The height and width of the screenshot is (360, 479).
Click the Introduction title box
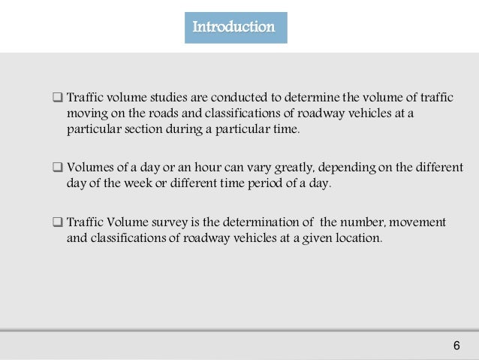(235, 27)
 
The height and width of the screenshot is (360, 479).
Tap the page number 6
(456, 345)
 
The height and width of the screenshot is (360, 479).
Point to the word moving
(86, 113)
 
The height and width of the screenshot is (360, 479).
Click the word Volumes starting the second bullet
(90, 166)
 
